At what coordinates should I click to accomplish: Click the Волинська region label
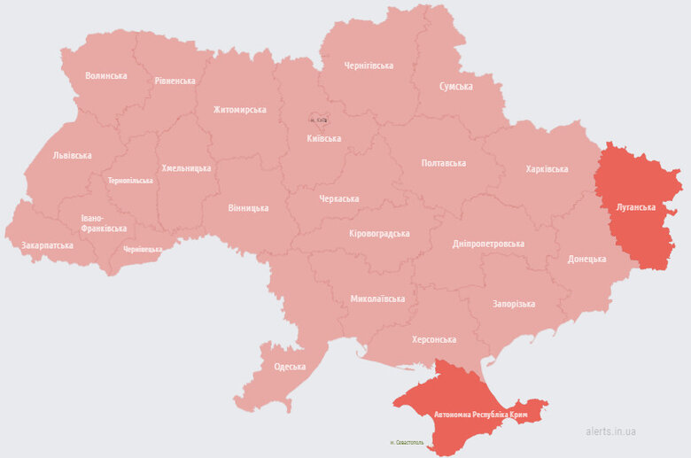coord(105,75)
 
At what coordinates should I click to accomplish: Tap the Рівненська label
coord(175,81)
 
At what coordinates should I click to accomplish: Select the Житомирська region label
coord(239,110)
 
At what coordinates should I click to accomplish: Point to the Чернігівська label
coord(369,66)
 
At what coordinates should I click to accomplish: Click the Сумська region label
coord(455,86)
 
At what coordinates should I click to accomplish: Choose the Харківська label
coord(547,168)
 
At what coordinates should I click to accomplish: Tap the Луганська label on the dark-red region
coord(635,206)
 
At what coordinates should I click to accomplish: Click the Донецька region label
coord(587,259)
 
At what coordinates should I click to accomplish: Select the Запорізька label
coord(514,304)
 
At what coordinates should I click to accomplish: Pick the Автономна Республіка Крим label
coord(481,415)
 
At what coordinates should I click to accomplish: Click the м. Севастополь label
coord(407,442)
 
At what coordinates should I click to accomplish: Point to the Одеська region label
coord(290,367)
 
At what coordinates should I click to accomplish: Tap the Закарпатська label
coord(47,245)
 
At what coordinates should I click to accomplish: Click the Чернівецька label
coord(143,249)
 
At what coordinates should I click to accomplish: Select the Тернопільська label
coord(130,181)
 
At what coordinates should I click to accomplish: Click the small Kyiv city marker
coord(319,120)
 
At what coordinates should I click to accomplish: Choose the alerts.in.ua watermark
coord(610,431)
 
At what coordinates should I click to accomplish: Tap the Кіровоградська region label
coord(379,233)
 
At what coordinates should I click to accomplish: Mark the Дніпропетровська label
coord(488,244)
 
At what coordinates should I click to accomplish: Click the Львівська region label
coord(72,155)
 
